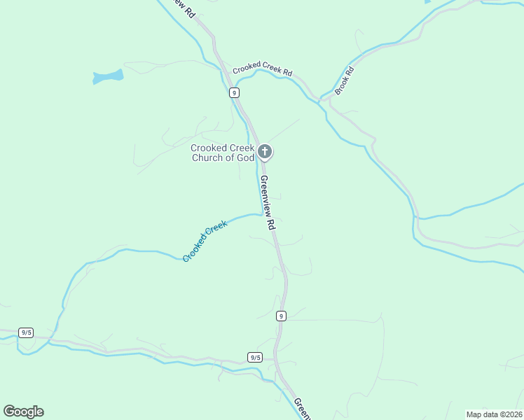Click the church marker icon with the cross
(x=265, y=151)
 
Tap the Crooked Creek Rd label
(x=262, y=70)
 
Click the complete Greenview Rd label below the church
(x=267, y=203)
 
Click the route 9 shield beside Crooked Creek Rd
(x=233, y=92)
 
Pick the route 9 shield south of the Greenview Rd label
(x=280, y=316)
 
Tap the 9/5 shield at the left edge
(x=26, y=332)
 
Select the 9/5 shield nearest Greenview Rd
(x=255, y=357)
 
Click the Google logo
(x=23, y=412)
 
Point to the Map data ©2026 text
(x=494, y=414)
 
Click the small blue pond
(x=107, y=76)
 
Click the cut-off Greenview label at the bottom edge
(x=302, y=409)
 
